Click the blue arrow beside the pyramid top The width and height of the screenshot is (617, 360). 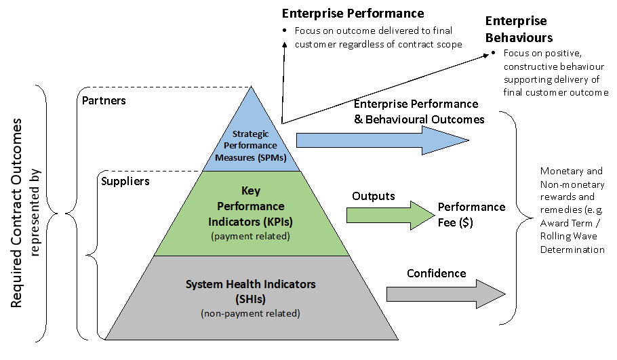click(380, 140)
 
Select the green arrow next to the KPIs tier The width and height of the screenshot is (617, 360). click(389, 216)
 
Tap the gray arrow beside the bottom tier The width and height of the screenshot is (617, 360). click(444, 294)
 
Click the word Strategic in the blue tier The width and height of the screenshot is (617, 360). click(251, 134)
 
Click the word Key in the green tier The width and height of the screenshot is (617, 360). click(251, 191)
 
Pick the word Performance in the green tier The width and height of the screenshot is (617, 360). click(251, 206)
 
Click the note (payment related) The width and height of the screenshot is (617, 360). click(251, 236)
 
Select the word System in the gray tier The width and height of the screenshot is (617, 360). click(203, 284)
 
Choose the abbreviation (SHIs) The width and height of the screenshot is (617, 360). click(250, 299)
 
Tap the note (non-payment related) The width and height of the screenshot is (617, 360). click(250, 314)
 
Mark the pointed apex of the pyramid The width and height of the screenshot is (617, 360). click(252, 89)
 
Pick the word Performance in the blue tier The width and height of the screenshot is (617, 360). click(251, 146)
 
